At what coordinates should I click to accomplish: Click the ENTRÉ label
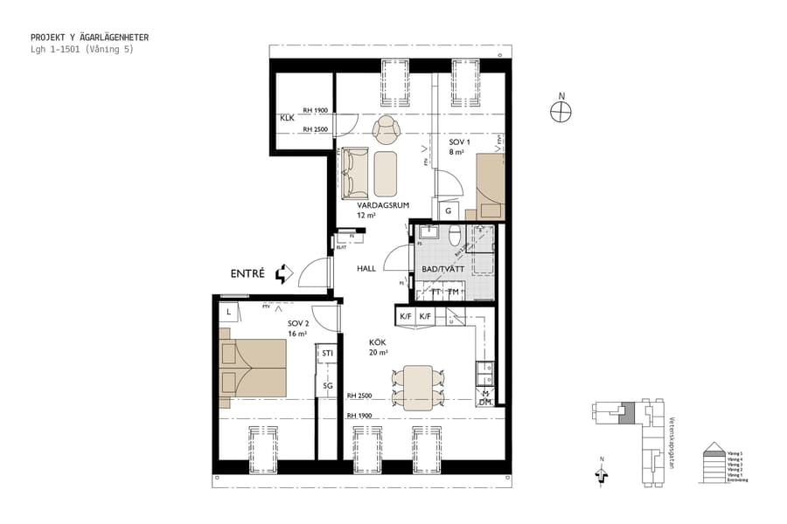tap(247, 273)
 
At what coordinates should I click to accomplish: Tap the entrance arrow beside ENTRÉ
tap(283, 274)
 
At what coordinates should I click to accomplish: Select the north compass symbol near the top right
tap(561, 111)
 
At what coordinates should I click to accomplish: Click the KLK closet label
tap(287, 118)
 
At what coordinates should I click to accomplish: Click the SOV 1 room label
tap(460, 141)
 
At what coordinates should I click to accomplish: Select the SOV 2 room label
tap(299, 323)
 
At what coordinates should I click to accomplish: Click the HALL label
tap(366, 268)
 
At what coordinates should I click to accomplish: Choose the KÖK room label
tap(377, 343)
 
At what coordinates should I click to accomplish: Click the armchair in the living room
tap(386, 131)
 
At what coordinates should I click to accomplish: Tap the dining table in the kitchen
tap(419, 387)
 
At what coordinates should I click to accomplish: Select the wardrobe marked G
tap(448, 210)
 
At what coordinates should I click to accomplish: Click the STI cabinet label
tap(327, 353)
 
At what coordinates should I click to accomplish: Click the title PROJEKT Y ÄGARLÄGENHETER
tap(89, 38)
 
